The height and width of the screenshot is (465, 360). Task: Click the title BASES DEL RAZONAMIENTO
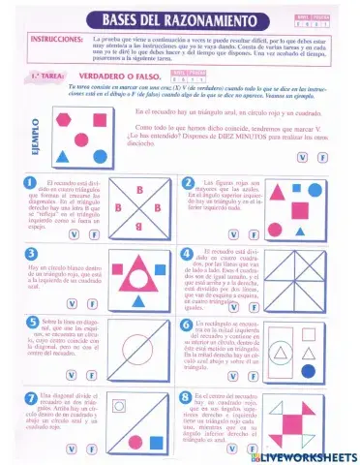pyautogui.click(x=184, y=19)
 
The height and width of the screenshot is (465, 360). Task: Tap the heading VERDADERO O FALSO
pyautogui.click(x=106, y=76)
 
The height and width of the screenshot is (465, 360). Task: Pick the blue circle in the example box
pyautogui.click(x=101, y=156)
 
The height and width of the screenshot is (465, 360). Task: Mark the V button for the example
pyautogui.click(x=303, y=158)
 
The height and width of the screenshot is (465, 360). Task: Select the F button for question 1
pyautogui.click(x=94, y=234)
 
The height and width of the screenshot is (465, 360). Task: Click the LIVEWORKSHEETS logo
pyautogui.click(x=302, y=455)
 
